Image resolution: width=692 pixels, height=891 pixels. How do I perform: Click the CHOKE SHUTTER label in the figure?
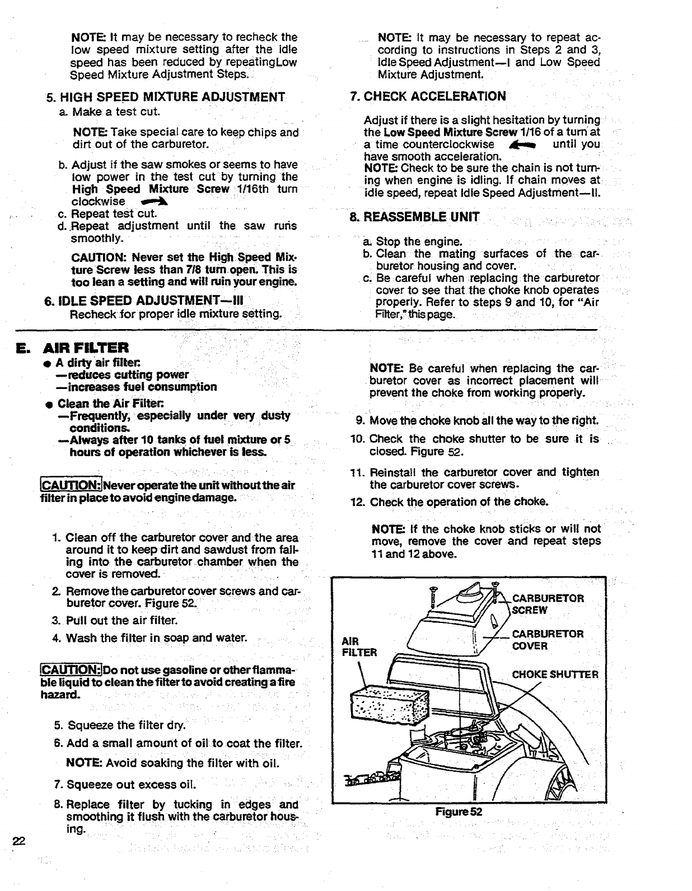click(555, 674)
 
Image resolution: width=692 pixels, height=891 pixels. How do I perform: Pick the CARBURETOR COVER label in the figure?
click(548, 640)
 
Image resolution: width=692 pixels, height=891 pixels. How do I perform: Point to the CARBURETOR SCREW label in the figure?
click(548, 604)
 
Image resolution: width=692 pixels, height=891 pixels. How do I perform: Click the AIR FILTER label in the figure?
click(359, 646)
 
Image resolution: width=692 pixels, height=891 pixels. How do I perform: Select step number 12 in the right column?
click(357, 501)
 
